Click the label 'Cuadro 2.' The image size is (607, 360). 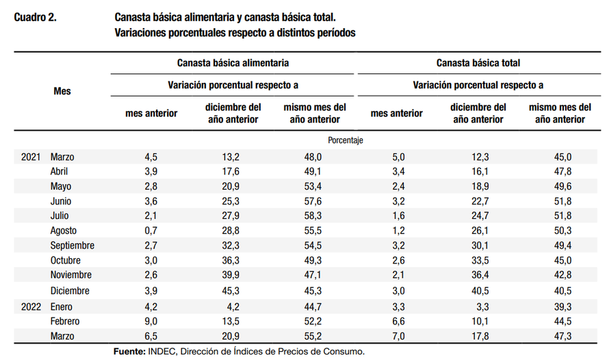coord(35,17)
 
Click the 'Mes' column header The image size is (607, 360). coord(62,91)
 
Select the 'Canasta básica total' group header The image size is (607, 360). coord(478,63)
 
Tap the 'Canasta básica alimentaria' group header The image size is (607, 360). coord(233,63)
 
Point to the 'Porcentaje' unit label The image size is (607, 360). coord(346,140)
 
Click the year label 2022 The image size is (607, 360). coord(31,307)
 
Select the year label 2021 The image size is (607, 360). coord(31,157)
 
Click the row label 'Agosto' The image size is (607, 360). coord(64,231)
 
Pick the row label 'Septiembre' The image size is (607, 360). coord(73,246)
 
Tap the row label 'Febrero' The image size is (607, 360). coord(65,321)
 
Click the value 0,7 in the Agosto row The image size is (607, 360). coord(151,231)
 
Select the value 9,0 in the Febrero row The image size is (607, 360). coord(151,321)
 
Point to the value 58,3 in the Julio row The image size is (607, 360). coord(313,216)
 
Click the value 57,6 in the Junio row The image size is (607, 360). coord(313,201)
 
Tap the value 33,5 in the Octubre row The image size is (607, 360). coord(480,260)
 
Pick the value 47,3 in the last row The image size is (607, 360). coord(563,335)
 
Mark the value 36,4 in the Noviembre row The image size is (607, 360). coord(480,275)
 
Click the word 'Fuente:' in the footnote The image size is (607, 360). coord(129,352)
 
